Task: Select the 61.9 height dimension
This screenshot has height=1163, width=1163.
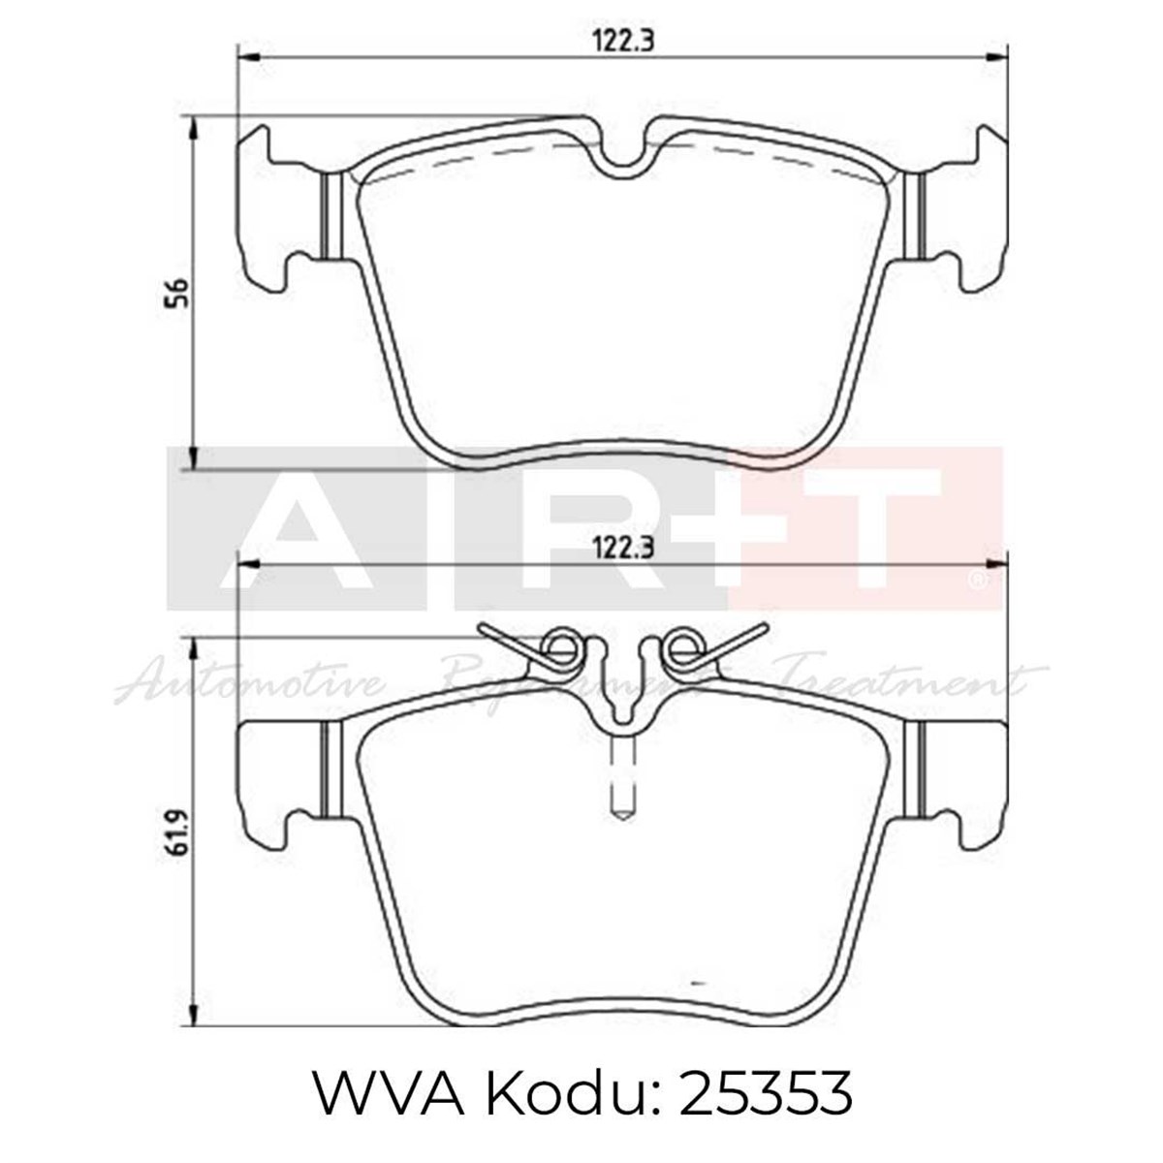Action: click(x=176, y=833)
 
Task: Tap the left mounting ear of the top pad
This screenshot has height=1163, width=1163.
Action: click(x=276, y=208)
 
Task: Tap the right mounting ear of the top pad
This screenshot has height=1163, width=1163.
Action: click(x=964, y=208)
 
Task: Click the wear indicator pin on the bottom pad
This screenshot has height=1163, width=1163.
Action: click(x=620, y=780)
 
